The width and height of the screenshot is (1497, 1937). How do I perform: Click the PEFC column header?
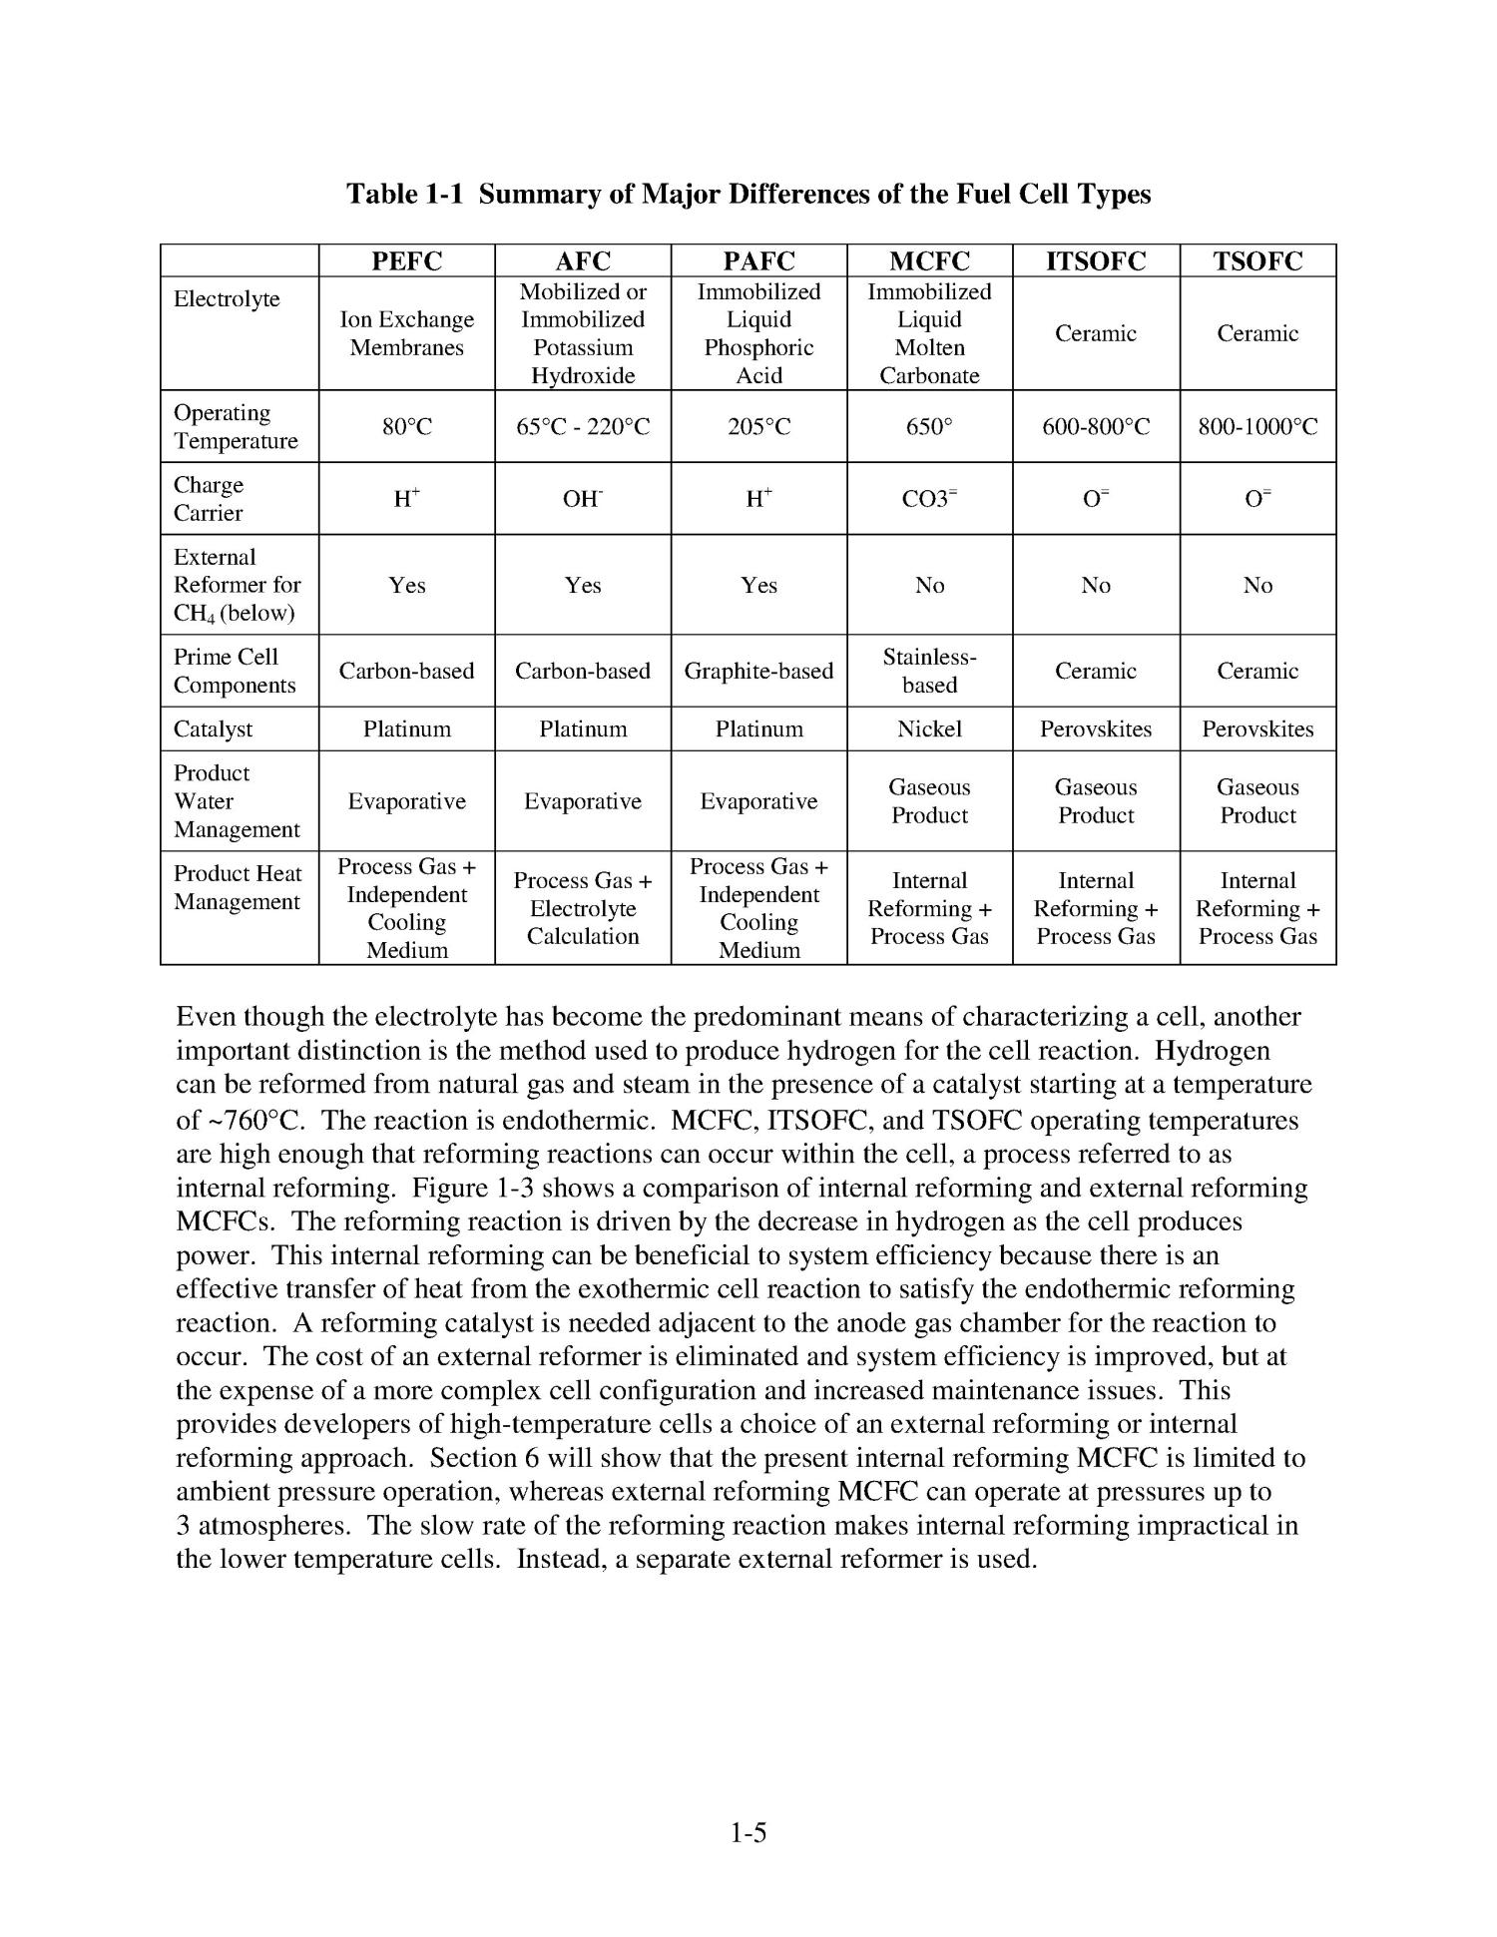(x=406, y=261)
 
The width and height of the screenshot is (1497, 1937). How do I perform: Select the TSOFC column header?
(x=1257, y=261)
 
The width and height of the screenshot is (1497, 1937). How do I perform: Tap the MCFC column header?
(x=929, y=261)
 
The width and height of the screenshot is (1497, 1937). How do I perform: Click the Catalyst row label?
(x=213, y=729)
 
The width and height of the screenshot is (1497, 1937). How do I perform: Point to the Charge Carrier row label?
(x=209, y=499)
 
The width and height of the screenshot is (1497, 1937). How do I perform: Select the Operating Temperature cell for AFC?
(x=583, y=427)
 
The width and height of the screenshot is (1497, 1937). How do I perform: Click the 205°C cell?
(x=758, y=427)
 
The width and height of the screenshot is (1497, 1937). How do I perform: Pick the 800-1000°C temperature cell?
(x=1257, y=427)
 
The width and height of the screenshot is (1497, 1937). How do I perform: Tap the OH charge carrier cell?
(x=583, y=499)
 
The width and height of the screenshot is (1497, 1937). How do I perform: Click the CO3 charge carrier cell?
(x=929, y=499)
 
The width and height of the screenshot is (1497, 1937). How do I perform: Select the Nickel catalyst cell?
(x=929, y=729)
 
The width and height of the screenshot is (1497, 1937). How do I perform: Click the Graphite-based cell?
(x=758, y=671)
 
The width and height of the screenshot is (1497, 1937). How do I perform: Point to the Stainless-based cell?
(x=929, y=671)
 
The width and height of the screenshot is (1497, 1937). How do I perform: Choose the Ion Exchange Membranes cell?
(x=406, y=333)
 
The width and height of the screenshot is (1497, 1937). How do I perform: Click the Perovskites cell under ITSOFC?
(x=1096, y=729)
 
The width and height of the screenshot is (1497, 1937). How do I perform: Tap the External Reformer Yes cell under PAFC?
(x=758, y=585)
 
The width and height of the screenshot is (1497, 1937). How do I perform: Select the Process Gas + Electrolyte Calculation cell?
(x=583, y=908)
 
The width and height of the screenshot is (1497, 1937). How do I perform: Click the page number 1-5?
(x=748, y=1832)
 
